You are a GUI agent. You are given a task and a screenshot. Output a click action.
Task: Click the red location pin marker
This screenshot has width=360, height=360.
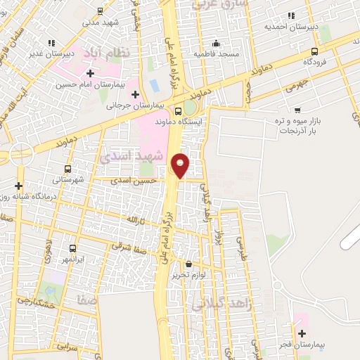point(181,165)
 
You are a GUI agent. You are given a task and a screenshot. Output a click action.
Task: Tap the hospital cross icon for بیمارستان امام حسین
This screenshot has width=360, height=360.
point(90,72)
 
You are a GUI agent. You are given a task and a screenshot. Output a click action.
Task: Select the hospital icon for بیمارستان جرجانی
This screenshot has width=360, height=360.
point(135,94)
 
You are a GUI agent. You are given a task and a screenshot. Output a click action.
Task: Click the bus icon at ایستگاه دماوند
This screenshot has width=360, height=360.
point(177,110)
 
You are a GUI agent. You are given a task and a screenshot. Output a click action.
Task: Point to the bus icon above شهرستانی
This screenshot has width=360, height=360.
point(68,169)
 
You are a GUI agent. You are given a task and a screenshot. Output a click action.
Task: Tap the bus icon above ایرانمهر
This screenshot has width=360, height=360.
point(72,248)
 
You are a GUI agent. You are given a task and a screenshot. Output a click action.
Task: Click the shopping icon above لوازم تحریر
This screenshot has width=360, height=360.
point(188,264)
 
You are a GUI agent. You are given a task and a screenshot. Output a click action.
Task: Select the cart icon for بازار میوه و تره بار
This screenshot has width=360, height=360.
point(297,110)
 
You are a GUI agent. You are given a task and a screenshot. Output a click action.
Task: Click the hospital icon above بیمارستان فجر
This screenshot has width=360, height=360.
point(302,333)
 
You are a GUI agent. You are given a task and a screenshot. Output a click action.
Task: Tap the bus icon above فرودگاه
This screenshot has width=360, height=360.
point(314,51)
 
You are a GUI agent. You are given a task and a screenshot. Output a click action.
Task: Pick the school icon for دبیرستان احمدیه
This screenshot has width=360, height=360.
point(290,15)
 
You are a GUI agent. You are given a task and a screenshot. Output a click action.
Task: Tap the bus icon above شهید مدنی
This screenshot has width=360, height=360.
point(100,11)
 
